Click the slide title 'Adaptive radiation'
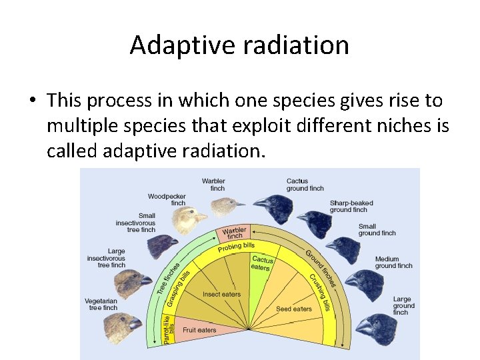click(239, 45)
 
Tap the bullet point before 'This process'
click(31, 101)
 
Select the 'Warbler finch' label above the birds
click(213, 185)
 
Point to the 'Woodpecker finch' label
click(167, 199)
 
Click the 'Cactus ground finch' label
click(305, 185)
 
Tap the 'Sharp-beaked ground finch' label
click(351, 206)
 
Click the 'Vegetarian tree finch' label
click(101, 304)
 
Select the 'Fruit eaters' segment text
click(199, 330)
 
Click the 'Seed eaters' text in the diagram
click(294, 309)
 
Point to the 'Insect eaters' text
click(221, 294)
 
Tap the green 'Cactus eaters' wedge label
click(261, 263)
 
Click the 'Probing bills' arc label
click(236, 247)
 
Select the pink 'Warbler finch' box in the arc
click(233, 233)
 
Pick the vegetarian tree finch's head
click(121, 326)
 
